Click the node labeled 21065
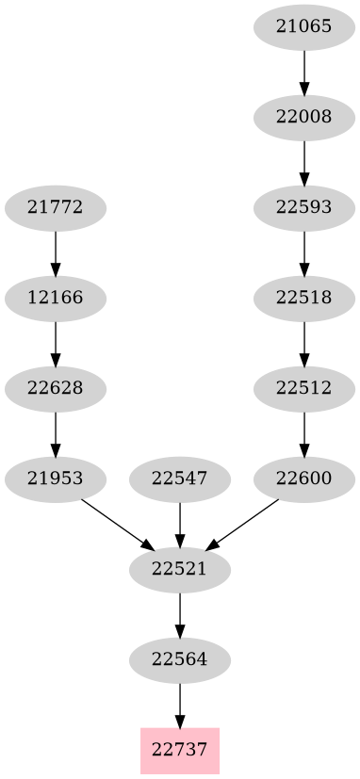point(304,26)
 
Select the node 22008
point(304,117)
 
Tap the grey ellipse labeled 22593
point(304,207)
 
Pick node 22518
point(304,298)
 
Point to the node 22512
point(304,388)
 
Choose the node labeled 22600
point(304,479)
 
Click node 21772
point(56,207)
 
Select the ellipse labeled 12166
point(56,298)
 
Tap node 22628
point(56,388)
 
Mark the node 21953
point(56,479)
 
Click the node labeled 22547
point(180,479)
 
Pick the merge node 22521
point(180,569)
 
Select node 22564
point(180,659)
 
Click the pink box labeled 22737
point(180,751)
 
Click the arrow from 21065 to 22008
point(304,72)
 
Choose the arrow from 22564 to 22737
point(180,705)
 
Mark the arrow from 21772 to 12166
point(56,252)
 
